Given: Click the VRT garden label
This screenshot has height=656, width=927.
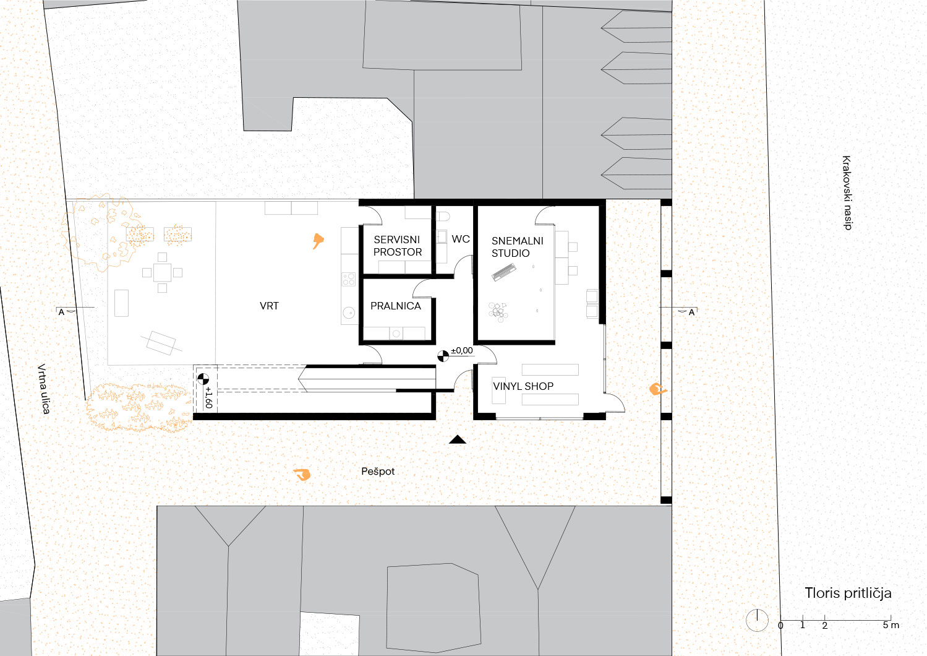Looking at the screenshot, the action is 269,306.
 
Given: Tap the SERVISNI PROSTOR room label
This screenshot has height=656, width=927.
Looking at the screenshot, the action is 397,246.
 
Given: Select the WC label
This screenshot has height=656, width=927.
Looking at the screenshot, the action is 461,239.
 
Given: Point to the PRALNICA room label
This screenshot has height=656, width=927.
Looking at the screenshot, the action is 395,306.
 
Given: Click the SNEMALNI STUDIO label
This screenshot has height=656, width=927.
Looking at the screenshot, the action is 517,247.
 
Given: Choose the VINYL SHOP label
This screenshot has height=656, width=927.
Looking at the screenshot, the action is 523,386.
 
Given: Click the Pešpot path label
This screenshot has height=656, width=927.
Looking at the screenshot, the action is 378,472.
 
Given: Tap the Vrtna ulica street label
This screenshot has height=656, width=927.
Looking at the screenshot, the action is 44,389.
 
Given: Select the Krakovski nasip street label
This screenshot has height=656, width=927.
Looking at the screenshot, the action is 847,192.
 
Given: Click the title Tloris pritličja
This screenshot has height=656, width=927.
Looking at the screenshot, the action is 848,593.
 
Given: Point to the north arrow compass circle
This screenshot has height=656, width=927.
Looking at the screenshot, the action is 757,620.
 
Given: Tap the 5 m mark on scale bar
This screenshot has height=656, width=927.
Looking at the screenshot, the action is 891,625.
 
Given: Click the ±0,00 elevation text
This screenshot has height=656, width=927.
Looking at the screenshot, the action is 462,351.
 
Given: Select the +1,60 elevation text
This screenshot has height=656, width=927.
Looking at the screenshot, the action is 208,397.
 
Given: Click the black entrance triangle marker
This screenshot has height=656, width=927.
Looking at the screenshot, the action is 457,439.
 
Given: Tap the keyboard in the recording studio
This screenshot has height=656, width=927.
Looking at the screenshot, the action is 504,272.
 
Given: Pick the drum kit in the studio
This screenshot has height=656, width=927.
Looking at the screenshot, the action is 498,312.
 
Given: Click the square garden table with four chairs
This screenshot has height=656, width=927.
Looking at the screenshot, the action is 162,272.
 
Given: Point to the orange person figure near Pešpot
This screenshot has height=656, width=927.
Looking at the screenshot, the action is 302,475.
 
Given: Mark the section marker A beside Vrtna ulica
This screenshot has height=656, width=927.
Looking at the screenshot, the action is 61,312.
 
